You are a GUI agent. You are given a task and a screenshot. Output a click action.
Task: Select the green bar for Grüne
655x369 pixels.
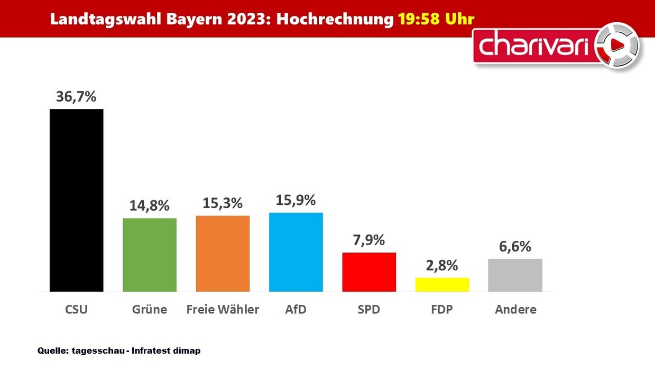coord(149,255)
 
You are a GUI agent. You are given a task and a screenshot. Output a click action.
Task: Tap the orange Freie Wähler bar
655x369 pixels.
coord(223,254)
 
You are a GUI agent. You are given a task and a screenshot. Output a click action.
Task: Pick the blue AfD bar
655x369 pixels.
coord(296,252)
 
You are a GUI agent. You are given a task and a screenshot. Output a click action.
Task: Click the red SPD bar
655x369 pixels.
coord(368,272)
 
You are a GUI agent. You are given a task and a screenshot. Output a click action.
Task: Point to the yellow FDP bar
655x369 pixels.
coord(442,284)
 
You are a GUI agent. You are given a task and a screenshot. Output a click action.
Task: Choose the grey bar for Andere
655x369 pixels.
coord(515,275)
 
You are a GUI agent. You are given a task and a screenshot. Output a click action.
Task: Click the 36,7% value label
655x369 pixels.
coord(76,97)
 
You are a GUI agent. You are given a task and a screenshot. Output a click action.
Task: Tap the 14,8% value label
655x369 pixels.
coord(149,205)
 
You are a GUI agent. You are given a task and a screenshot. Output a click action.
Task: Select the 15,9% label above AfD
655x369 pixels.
coord(296,200)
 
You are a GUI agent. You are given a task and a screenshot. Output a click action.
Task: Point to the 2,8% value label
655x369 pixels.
coord(442,265)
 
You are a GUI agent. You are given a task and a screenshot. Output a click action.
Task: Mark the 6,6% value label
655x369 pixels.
coord(515,246)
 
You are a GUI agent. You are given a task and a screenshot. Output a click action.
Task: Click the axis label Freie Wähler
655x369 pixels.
coord(223,310)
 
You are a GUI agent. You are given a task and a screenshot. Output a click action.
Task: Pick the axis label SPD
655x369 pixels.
coord(368,310)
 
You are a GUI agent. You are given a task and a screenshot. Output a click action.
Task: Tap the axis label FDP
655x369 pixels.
coord(442,310)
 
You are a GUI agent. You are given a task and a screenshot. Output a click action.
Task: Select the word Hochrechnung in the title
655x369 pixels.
coord(335,19)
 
